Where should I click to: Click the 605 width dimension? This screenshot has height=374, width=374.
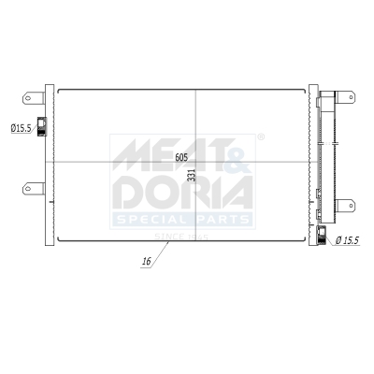180,158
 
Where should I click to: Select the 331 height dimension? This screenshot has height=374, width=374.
193,175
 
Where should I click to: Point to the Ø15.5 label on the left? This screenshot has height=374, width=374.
21,128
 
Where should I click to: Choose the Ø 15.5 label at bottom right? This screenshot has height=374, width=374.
348,240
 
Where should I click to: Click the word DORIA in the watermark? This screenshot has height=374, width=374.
182,194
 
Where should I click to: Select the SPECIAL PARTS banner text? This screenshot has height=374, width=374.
182,220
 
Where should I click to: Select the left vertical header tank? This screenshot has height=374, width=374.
49,164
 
